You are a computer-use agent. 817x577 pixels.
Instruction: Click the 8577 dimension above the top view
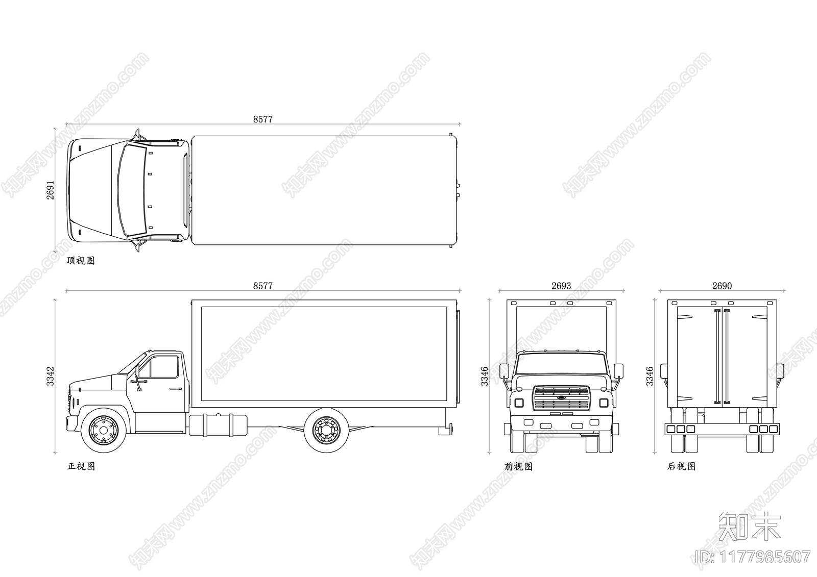263,119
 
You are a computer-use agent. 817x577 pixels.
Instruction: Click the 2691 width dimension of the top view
51,190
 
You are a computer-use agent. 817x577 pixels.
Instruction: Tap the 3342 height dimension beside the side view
51,375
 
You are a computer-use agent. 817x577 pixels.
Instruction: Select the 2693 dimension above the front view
561,286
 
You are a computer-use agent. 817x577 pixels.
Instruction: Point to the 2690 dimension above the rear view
722,286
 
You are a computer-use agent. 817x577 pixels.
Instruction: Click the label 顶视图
81,261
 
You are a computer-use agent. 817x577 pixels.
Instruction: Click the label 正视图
81,466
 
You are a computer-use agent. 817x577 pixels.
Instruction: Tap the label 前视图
518,466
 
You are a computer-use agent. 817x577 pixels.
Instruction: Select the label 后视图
681,466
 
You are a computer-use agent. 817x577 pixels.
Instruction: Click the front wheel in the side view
104,431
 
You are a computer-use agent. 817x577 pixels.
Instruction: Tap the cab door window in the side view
163,367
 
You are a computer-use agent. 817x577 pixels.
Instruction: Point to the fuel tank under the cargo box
219,424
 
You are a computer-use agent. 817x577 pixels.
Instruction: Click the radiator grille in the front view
561,398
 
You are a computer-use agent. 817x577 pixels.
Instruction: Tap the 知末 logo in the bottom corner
749,526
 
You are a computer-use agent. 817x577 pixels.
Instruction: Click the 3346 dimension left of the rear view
650,376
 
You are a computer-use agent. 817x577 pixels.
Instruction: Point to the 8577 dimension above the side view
263,286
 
